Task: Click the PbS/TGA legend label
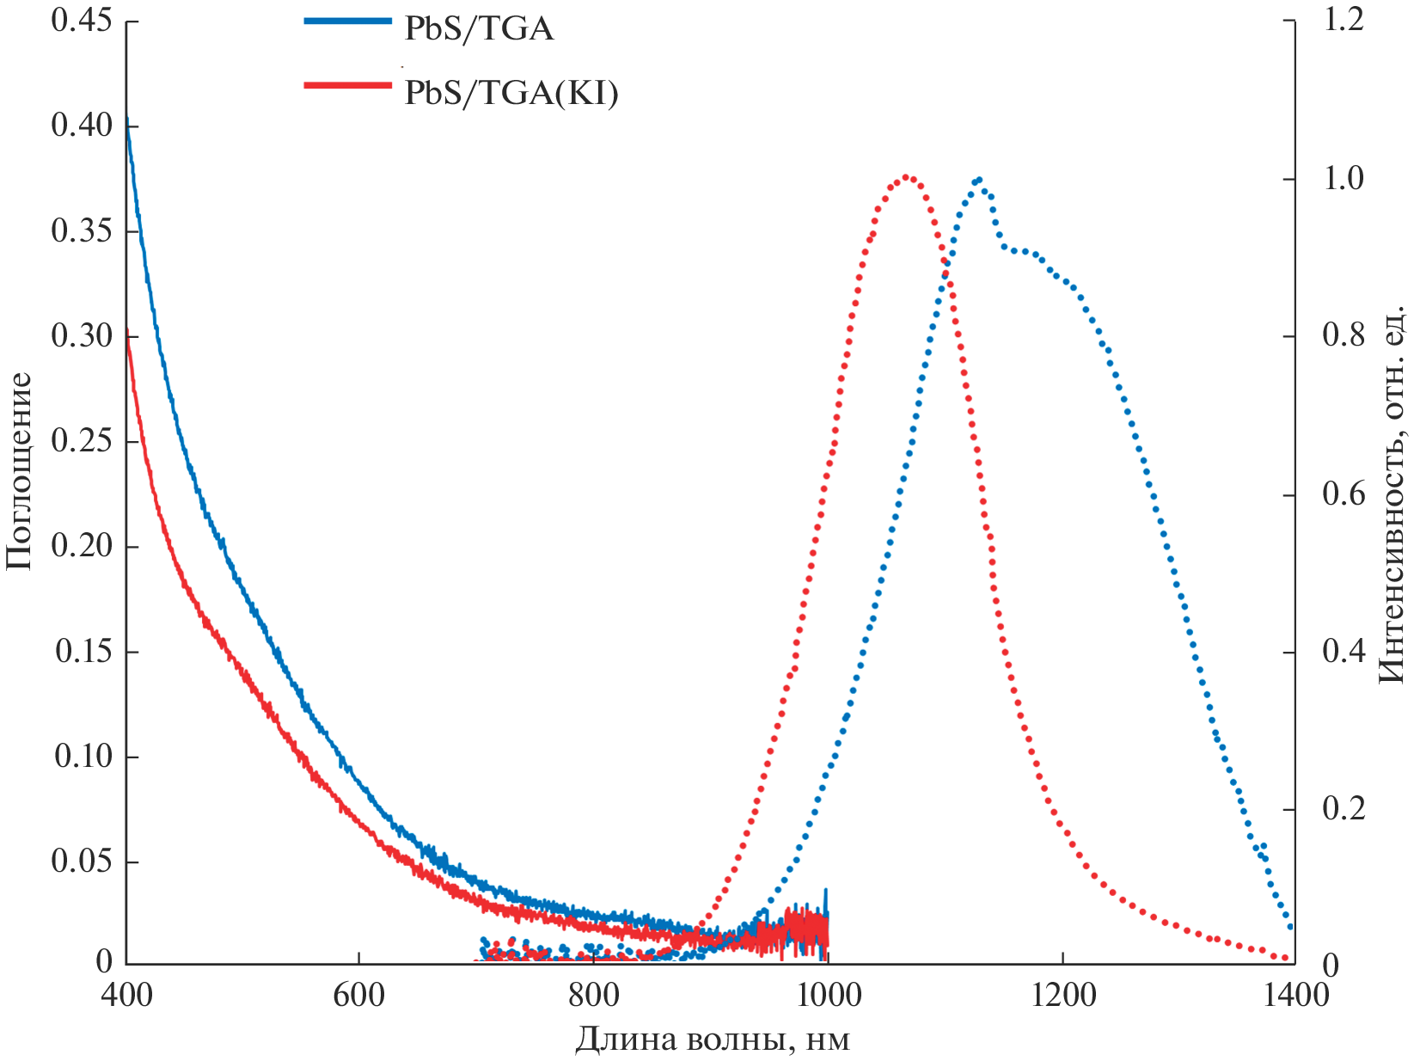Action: coord(479,29)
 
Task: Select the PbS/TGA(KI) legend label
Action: coord(511,92)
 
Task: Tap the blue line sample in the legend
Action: coord(347,21)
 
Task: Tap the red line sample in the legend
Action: coord(347,84)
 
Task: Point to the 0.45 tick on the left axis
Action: coord(83,21)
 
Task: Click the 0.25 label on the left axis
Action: coord(83,441)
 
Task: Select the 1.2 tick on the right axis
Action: coord(1344,21)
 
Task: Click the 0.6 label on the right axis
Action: coord(1344,494)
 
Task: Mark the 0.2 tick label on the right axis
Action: coord(1344,809)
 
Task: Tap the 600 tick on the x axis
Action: coord(359,996)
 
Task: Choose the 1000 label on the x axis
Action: coord(828,996)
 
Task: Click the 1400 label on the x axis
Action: coord(1295,996)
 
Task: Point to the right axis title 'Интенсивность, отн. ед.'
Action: coord(1392,494)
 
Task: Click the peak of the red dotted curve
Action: coord(908,178)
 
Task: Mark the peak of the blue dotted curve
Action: coord(978,180)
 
